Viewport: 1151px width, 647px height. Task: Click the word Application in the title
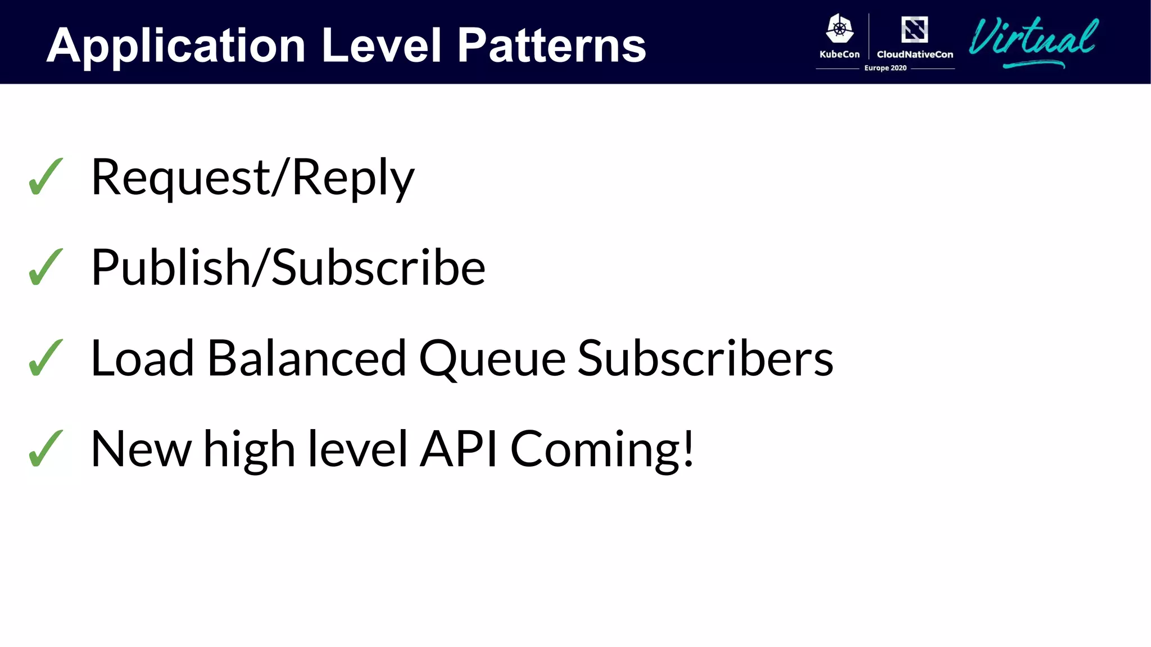coord(176,46)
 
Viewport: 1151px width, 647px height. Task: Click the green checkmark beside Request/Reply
coord(46,177)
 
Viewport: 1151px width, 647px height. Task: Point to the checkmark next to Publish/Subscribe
coord(46,267)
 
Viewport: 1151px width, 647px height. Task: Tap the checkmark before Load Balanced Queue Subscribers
coord(46,358)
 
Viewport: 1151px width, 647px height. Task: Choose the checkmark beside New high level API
coord(46,449)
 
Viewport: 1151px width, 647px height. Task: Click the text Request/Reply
coord(252,178)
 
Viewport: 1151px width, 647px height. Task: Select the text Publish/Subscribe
coord(288,268)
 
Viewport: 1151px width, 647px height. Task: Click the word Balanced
coord(306,358)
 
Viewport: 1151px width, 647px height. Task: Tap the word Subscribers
coord(705,358)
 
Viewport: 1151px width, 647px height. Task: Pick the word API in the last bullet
coord(459,449)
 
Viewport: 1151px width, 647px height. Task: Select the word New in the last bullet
coord(141,449)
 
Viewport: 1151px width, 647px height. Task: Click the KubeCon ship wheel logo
coord(840,29)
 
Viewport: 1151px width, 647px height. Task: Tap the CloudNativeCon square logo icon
coord(914,29)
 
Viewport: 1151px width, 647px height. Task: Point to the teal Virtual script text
coord(1033,40)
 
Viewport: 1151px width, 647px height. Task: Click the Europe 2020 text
coord(885,68)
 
